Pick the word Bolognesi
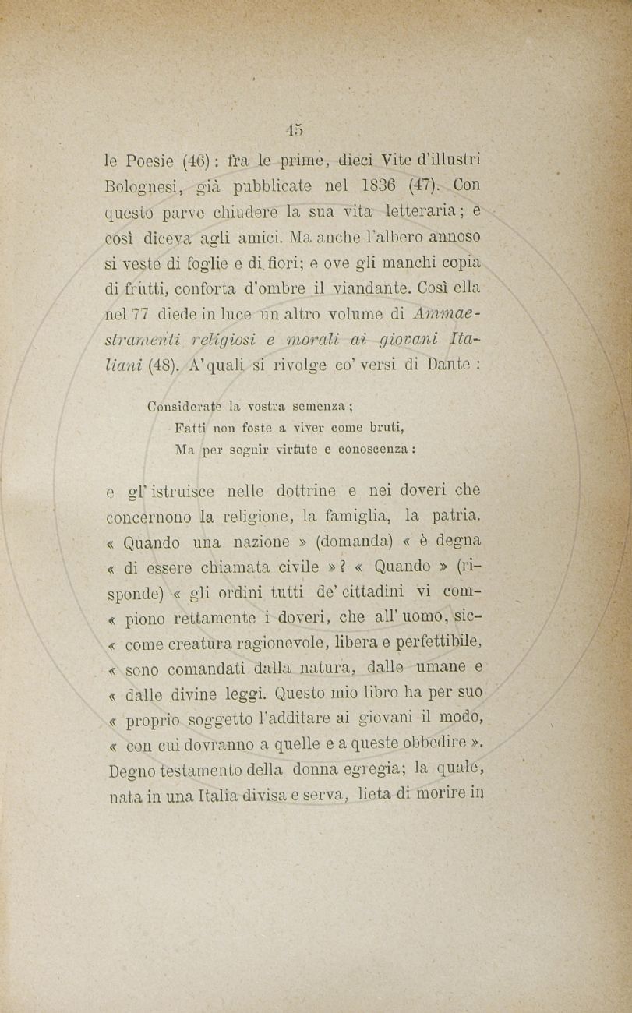[143, 188]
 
